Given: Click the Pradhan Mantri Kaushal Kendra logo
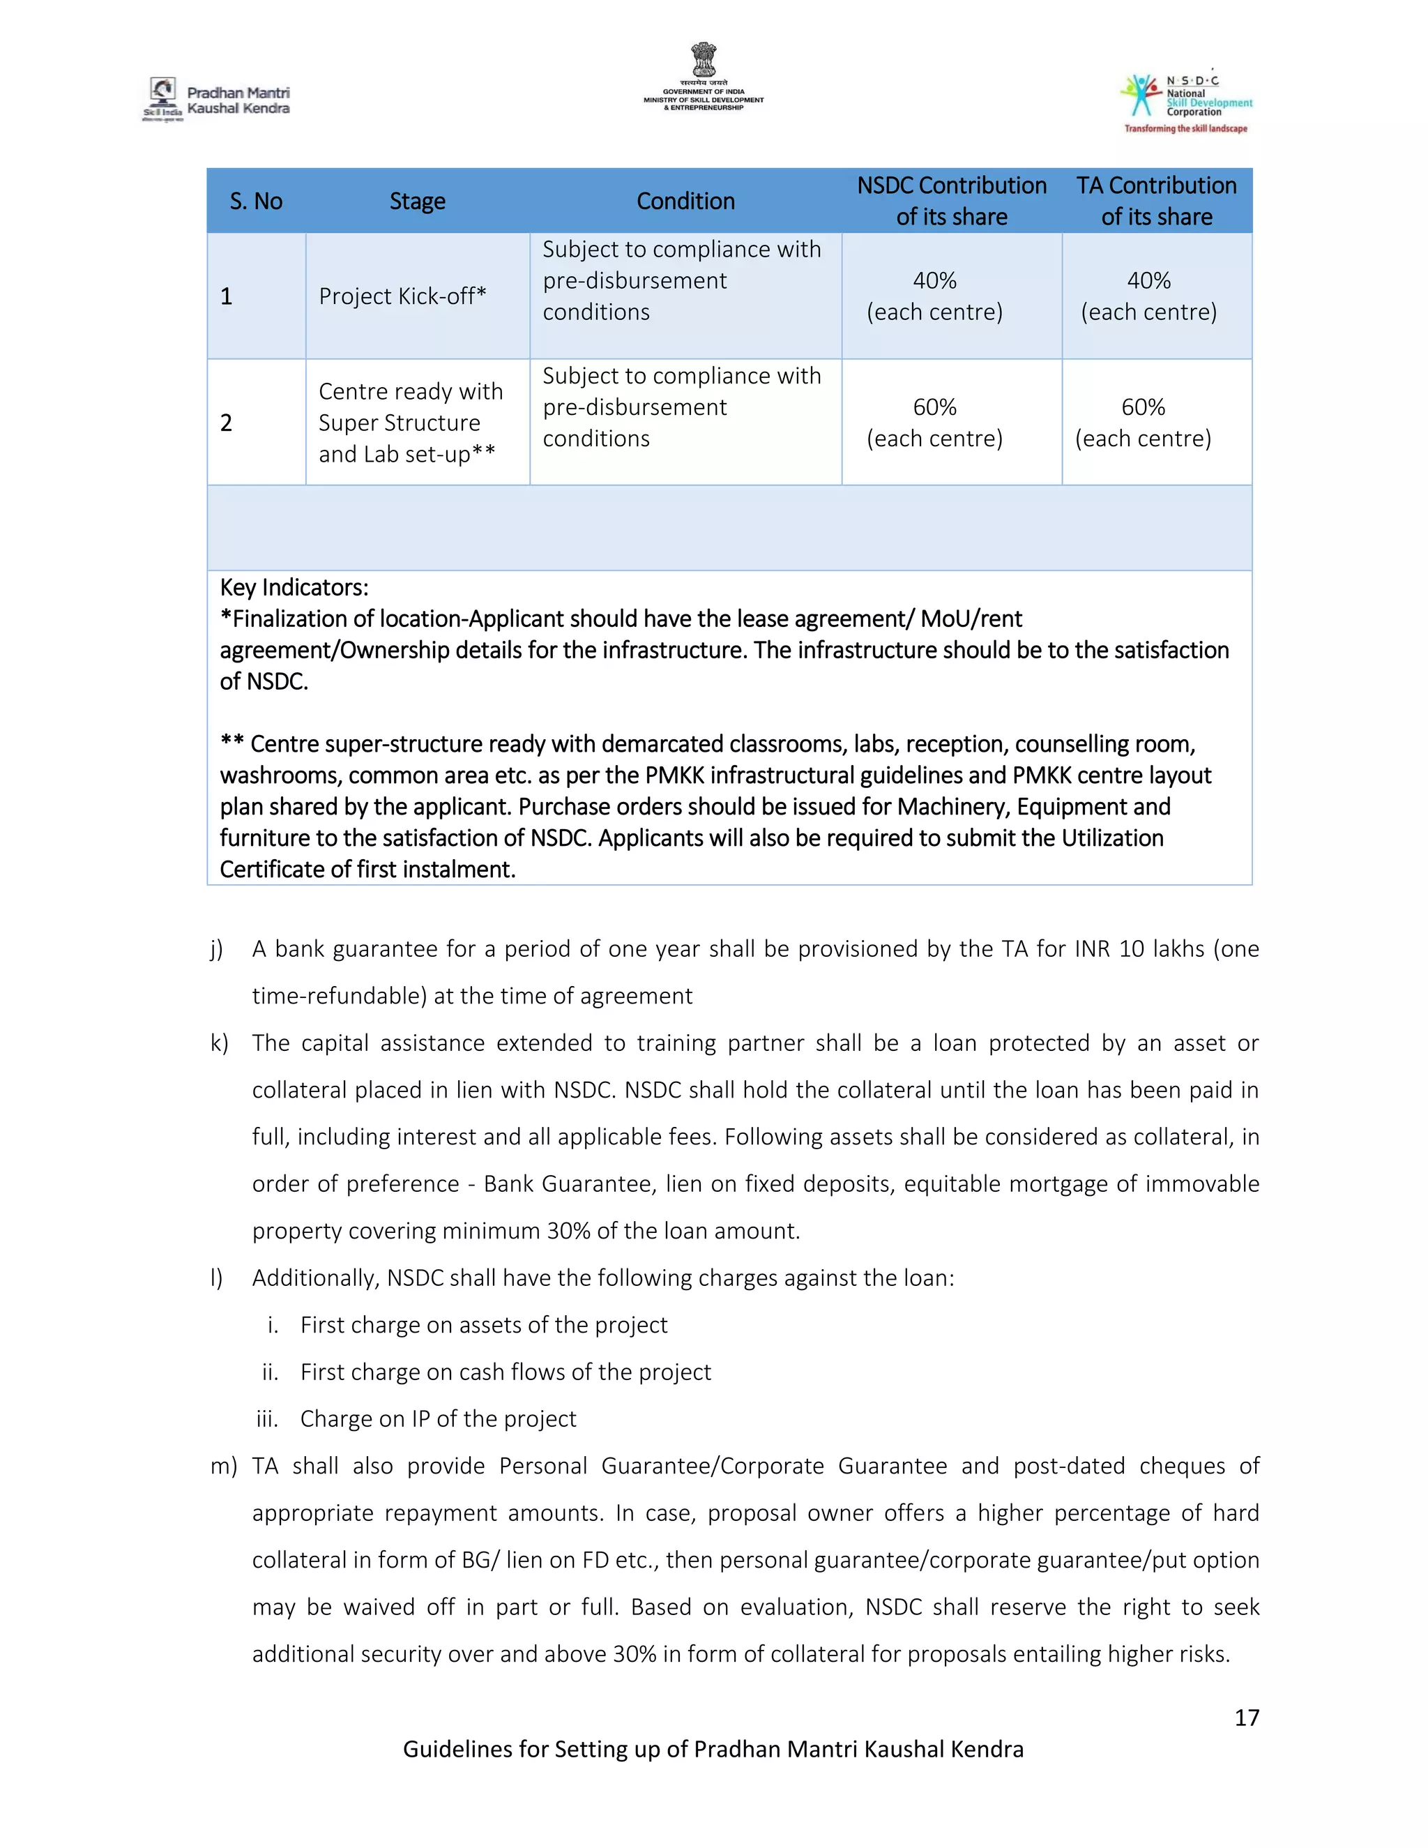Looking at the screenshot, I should click(x=217, y=100).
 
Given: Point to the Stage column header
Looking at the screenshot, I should click(x=417, y=202).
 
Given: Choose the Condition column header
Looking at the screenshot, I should click(x=685, y=202).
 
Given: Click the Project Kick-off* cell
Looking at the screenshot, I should click(x=402, y=296).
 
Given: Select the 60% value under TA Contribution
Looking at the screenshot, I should click(x=1143, y=407).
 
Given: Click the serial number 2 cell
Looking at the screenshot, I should click(x=226, y=422).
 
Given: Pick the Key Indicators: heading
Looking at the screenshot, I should click(x=294, y=587).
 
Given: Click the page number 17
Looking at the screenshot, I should click(x=1246, y=1717).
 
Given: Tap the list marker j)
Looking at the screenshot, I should click(x=217, y=949).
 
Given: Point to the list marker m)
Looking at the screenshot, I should click(x=223, y=1467).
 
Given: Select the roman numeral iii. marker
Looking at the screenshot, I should click(x=267, y=1419).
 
